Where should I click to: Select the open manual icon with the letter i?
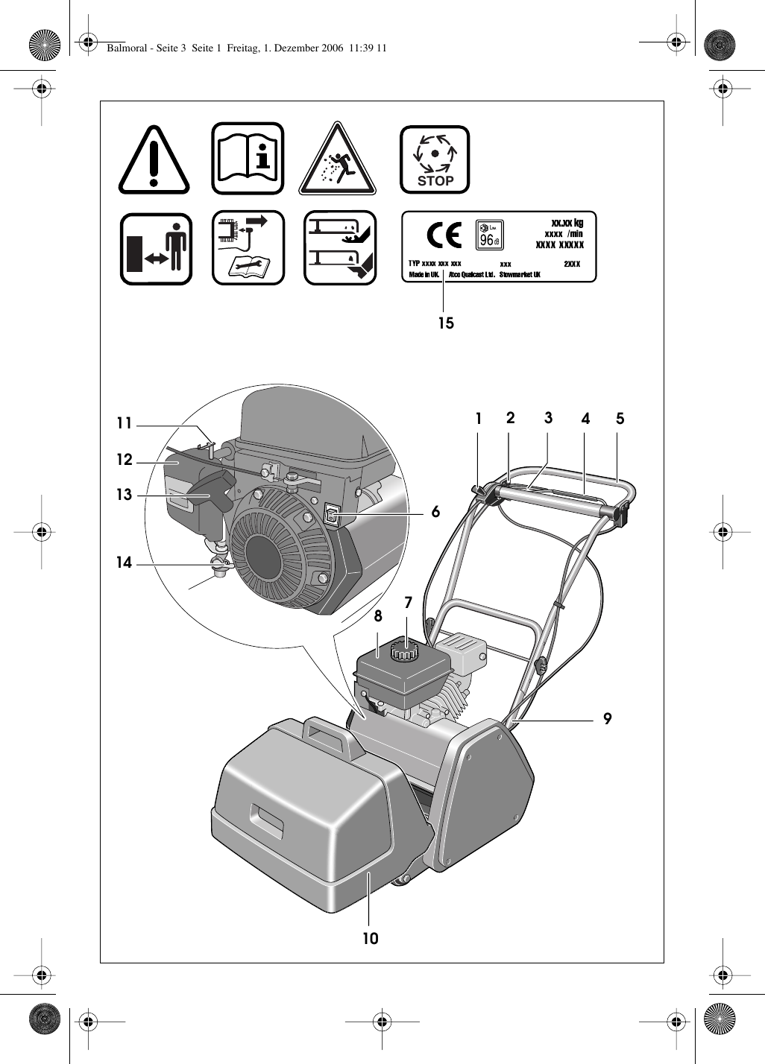[248, 158]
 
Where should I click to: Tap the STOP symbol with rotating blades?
[435, 159]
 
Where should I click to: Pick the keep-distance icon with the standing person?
[156, 248]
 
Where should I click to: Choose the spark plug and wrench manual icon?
[248, 248]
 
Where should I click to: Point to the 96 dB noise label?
[489, 235]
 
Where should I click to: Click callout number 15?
[446, 323]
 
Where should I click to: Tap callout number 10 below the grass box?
[371, 939]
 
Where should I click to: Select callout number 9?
[608, 719]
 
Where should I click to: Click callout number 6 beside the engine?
[435, 513]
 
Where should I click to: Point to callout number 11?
[124, 424]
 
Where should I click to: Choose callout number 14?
[124, 563]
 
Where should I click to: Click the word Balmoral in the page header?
[127, 48]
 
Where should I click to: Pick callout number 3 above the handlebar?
[549, 418]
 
